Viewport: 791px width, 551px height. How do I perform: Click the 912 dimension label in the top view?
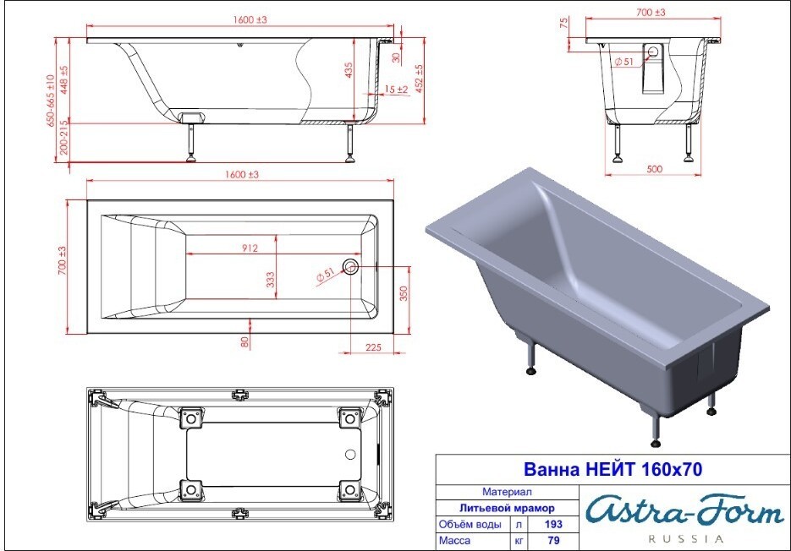click(x=250, y=248)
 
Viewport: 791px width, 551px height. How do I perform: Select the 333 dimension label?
click(x=271, y=280)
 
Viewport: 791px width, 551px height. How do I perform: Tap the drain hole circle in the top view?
click(x=350, y=266)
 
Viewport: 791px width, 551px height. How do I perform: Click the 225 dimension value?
click(x=373, y=347)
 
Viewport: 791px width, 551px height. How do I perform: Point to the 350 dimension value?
click(x=404, y=293)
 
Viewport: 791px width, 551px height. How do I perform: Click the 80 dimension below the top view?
click(x=244, y=341)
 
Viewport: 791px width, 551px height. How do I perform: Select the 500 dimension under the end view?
click(x=654, y=169)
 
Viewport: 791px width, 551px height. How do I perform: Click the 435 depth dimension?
click(x=349, y=70)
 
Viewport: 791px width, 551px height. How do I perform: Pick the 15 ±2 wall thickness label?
click(x=397, y=90)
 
